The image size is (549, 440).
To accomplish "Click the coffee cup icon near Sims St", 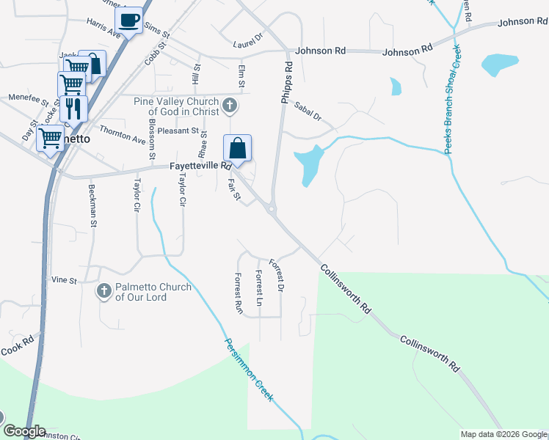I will click(x=130, y=21).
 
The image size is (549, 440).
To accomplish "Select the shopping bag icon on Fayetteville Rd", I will click(x=237, y=148).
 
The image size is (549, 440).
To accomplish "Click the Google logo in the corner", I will click(x=23, y=431).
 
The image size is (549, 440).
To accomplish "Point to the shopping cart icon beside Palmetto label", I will click(x=51, y=137).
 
